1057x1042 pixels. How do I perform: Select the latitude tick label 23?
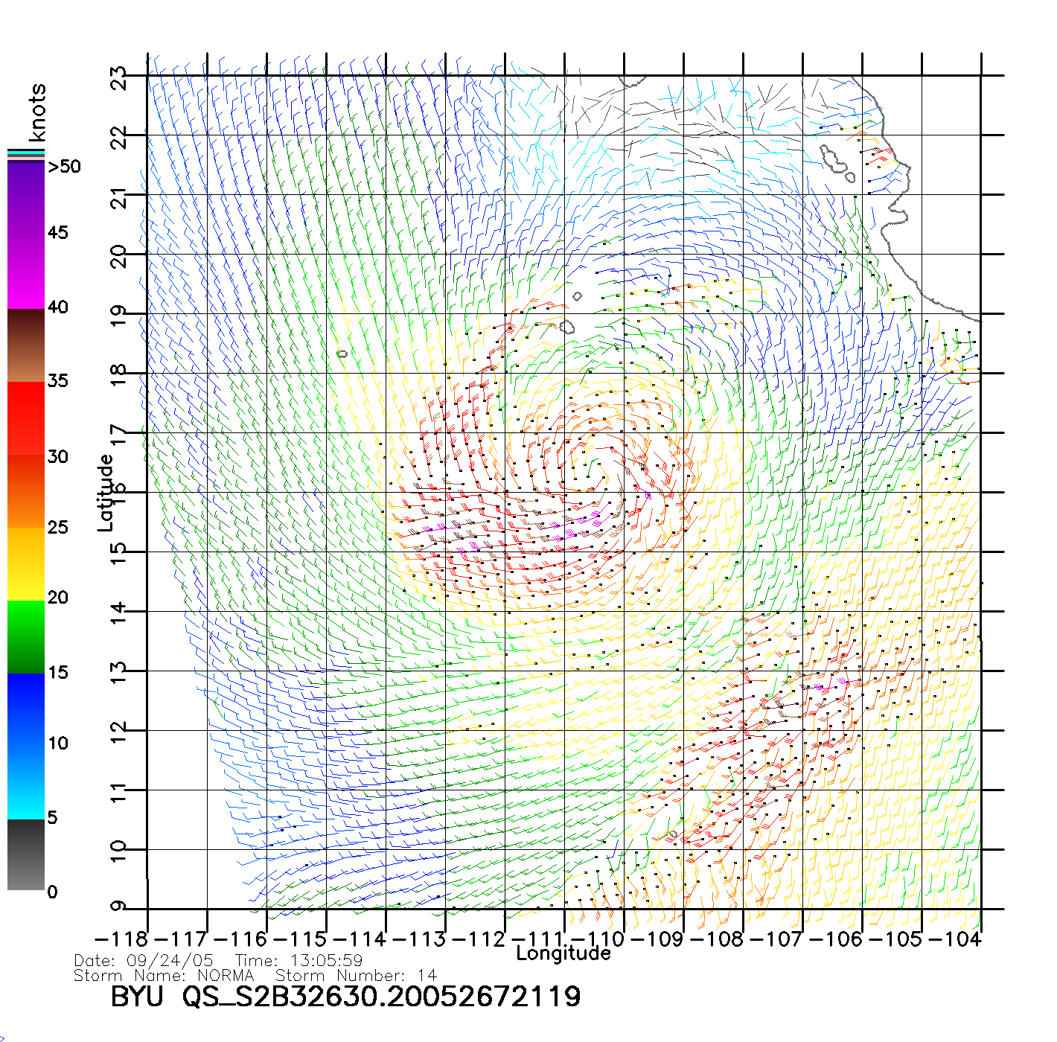(118, 77)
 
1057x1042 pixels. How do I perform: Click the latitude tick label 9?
(118, 907)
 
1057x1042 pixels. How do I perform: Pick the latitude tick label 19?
(118, 315)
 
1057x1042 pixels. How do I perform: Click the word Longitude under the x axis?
(563, 953)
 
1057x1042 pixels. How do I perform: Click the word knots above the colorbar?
(37, 112)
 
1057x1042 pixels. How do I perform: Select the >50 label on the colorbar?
(64, 167)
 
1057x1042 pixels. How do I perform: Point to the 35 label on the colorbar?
(58, 381)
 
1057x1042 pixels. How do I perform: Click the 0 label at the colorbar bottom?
(52, 892)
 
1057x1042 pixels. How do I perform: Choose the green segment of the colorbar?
(26, 636)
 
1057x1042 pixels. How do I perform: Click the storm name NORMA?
(226, 975)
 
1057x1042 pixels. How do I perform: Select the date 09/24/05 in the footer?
(170, 961)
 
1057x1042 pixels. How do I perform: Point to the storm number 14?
(427, 975)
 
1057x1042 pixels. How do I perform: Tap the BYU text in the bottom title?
(136, 997)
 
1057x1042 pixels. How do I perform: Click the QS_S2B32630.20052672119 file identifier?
(381, 997)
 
